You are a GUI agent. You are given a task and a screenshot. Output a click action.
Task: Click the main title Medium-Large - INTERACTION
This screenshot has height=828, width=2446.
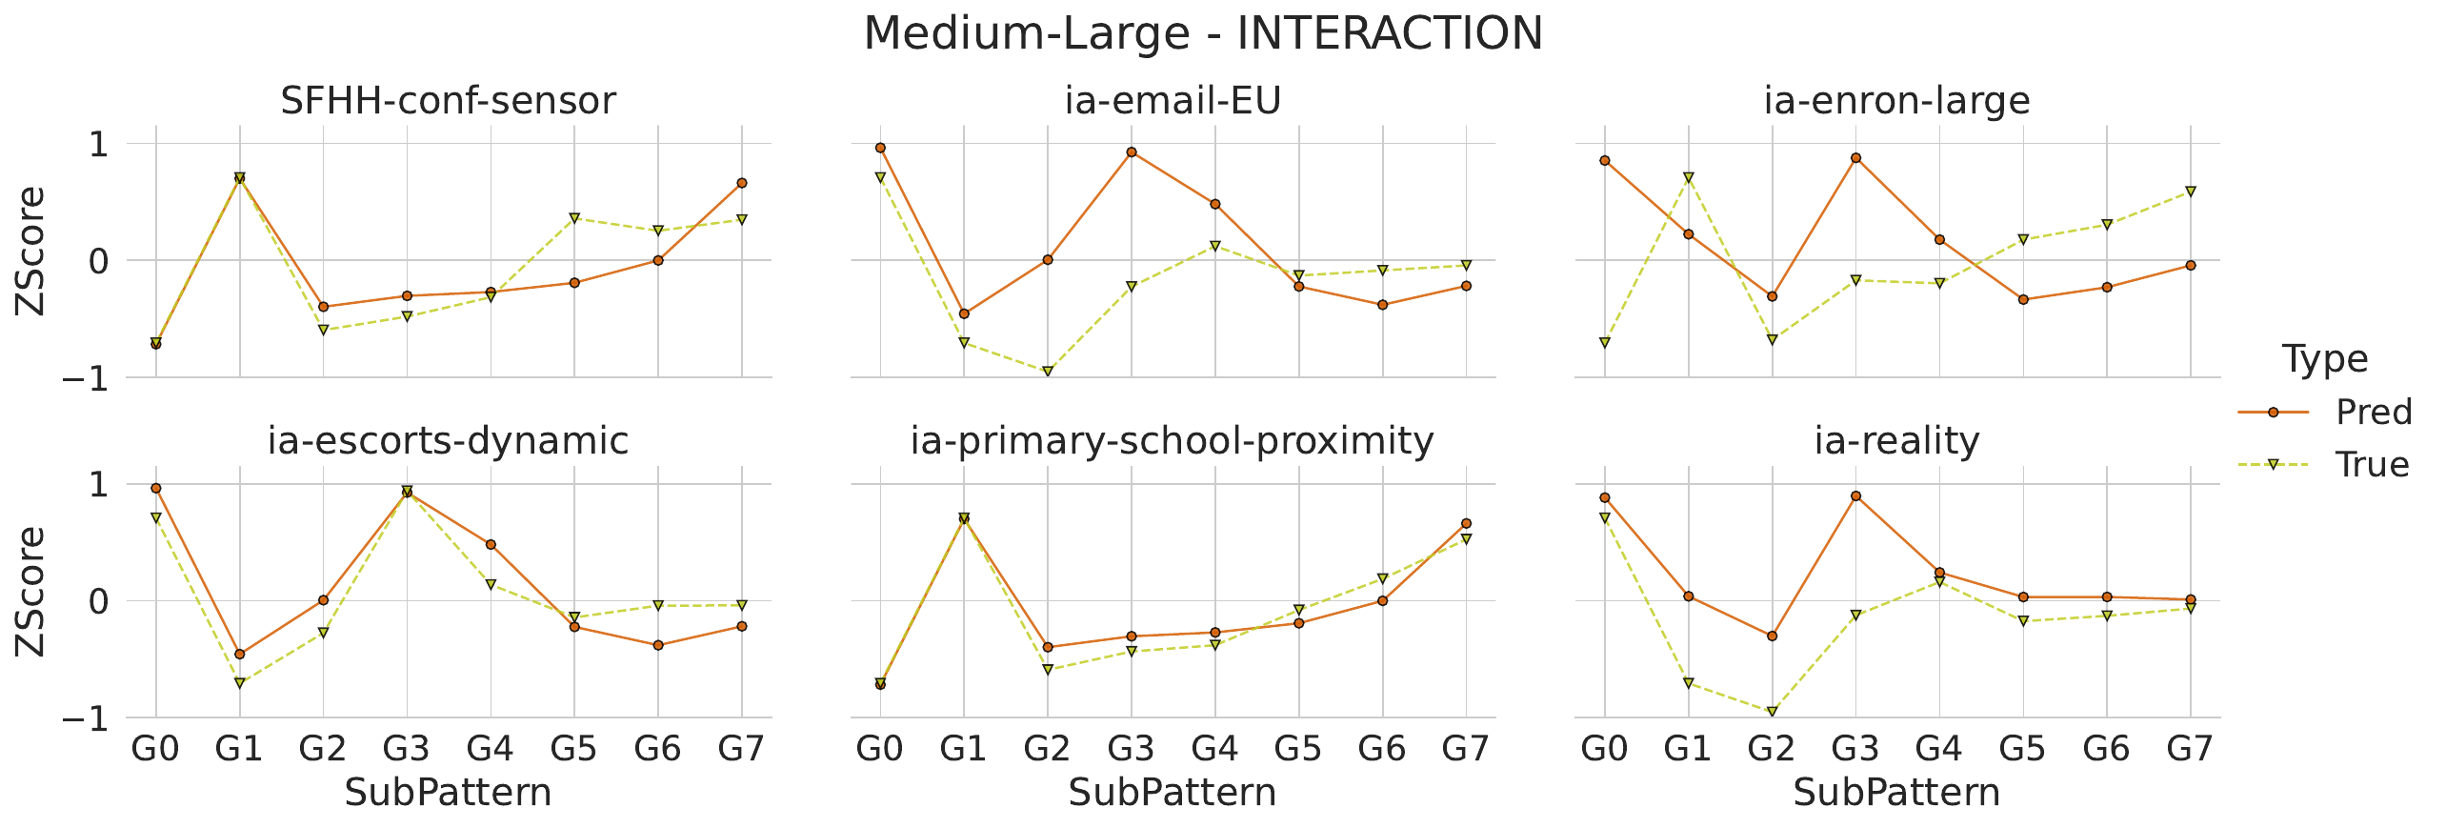click(1203, 34)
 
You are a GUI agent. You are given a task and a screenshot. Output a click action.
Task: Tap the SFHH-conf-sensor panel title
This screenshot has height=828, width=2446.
click(448, 101)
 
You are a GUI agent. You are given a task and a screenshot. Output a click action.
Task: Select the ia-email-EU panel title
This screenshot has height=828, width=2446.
click(1173, 101)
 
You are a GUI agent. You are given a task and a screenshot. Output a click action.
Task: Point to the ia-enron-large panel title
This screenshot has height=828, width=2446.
click(1896, 101)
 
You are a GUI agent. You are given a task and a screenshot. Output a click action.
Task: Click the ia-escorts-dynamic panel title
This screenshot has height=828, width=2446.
click(448, 441)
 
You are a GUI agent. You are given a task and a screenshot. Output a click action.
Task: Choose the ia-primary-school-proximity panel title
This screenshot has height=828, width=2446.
click(1173, 441)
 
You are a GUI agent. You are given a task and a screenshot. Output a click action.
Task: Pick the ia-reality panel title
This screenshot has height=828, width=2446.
click(1896, 441)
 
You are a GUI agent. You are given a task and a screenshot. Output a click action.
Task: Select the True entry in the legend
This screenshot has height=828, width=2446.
click(2372, 465)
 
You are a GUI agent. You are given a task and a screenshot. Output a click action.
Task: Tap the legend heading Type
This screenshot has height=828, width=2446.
click(2325, 359)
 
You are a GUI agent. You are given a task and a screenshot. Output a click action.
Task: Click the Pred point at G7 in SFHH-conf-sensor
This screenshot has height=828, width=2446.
click(742, 183)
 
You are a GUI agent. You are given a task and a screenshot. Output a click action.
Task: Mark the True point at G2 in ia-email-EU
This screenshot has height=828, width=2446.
click(1048, 372)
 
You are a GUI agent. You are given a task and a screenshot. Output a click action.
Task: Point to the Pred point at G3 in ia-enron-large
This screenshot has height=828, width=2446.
click(1855, 158)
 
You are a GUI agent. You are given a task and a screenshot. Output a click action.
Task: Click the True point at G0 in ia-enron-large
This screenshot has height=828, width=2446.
click(1605, 342)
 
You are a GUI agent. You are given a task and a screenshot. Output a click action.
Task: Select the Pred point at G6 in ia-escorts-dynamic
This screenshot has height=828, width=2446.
click(658, 645)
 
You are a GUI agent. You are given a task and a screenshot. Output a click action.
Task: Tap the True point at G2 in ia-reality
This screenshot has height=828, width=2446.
click(1772, 712)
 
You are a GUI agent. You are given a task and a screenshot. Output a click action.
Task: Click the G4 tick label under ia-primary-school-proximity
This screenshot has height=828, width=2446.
click(1214, 750)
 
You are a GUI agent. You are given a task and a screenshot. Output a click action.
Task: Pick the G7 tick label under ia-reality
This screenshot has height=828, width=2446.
click(2190, 750)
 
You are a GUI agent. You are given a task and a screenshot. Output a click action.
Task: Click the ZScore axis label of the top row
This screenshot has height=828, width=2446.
click(30, 251)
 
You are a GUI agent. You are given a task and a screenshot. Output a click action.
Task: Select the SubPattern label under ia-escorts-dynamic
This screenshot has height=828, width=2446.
click(448, 793)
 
